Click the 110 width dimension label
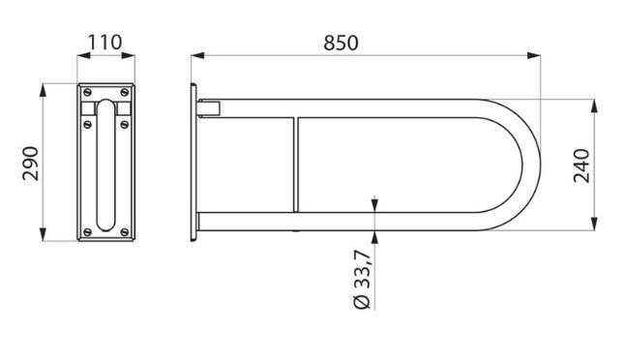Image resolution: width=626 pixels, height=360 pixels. (x=104, y=43)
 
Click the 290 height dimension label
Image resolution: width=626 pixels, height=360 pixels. (x=31, y=164)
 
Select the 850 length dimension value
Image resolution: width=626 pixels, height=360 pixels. (x=341, y=44)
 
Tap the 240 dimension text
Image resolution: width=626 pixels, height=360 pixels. (x=581, y=165)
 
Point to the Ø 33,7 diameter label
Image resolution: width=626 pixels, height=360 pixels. (x=363, y=280)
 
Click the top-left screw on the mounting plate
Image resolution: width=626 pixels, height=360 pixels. (x=87, y=93)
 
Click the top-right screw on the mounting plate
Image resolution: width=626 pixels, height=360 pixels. (x=125, y=93)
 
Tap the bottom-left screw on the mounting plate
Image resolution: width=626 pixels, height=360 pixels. (x=87, y=232)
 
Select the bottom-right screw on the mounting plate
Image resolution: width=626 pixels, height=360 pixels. (x=125, y=232)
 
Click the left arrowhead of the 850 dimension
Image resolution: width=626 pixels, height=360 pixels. (x=197, y=55)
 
